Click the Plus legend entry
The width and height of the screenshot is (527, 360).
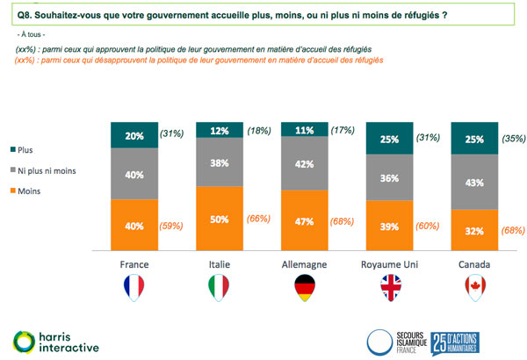point(26,150)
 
